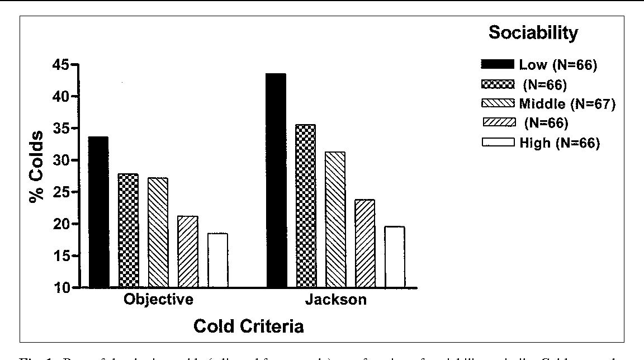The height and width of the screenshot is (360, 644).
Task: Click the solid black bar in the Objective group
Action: [98, 212]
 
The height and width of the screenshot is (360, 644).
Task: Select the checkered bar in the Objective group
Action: [128, 230]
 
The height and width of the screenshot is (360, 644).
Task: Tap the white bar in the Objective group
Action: [217, 260]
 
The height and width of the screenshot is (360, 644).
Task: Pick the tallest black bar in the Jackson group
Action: [276, 180]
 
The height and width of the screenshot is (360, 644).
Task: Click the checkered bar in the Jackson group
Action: [306, 206]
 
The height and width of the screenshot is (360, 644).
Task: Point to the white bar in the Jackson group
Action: [395, 257]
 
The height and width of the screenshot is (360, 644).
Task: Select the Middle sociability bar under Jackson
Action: [335, 219]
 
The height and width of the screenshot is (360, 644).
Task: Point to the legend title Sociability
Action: [533, 33]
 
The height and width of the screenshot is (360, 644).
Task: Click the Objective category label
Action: [158, 300]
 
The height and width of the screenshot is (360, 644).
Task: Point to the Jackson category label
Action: [335, 300]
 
